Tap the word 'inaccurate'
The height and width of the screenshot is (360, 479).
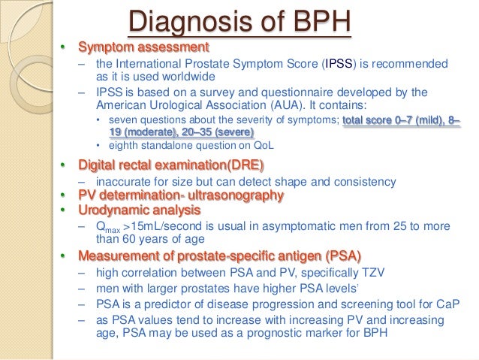[x=122, y=182]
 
